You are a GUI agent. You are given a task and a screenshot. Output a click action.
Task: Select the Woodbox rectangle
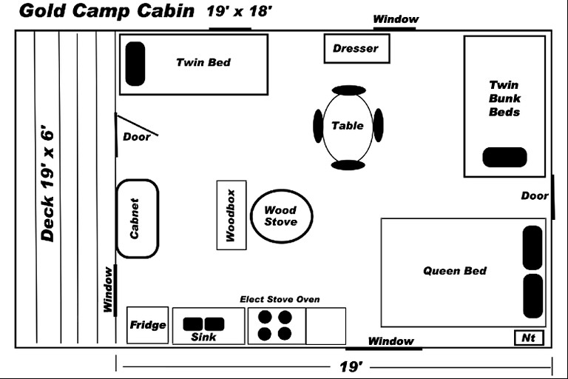pos(231,215)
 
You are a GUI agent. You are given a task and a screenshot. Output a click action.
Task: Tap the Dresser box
pos(356,49)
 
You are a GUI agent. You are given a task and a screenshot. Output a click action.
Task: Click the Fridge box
pos(148,325)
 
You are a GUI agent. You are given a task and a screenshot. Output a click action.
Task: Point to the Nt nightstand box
pos(529,338)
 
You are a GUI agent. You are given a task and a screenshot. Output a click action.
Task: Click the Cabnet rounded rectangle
pos(137,218)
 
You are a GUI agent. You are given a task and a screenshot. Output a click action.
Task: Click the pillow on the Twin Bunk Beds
pos(504,157)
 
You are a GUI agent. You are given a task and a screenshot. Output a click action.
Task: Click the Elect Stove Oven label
pos(280,299)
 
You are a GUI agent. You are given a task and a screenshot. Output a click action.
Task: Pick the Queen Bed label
pos(455,271)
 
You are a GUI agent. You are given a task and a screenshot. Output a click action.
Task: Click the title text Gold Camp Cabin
pos(106,11)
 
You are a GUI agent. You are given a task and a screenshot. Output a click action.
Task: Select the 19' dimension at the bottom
pos(350,366)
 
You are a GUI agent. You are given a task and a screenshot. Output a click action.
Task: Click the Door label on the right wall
pos(534,195)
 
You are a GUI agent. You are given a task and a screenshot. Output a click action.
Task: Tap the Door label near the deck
pos(135,136)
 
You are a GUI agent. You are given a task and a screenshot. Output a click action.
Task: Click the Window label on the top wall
pos(395,19)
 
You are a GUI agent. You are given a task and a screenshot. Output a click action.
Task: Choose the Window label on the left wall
pos(108,290)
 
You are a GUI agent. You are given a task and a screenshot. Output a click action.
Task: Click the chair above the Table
pos(348,90)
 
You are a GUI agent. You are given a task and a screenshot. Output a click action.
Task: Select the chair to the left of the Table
pos(318,126)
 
